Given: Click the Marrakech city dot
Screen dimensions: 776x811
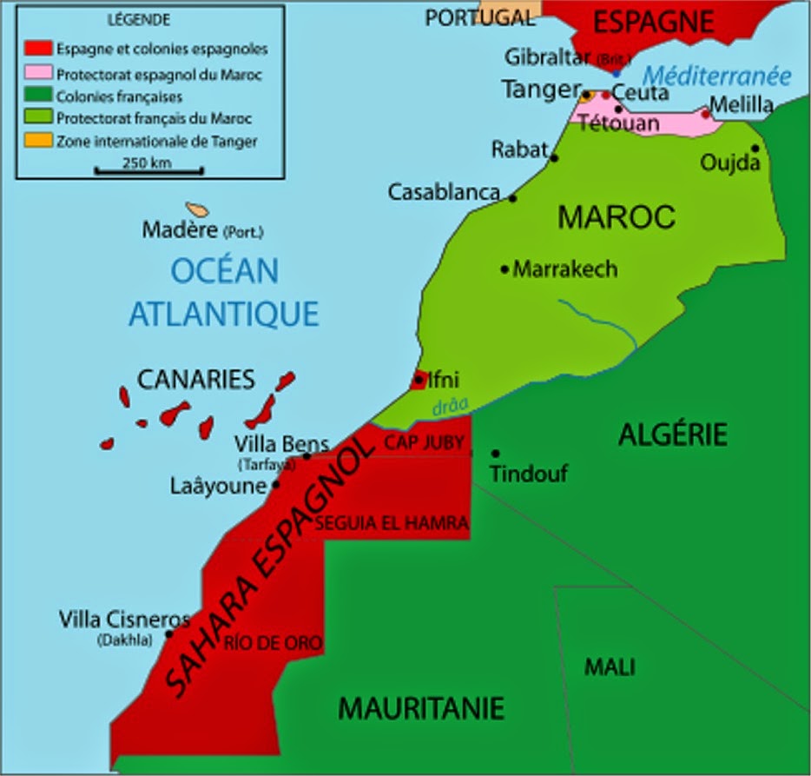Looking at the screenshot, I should click(504, 269).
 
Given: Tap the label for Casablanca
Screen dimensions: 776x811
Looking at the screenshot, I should click(444, 192).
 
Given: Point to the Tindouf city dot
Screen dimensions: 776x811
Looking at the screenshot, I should click(495, 454).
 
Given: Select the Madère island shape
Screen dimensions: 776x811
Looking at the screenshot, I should click(198, 210).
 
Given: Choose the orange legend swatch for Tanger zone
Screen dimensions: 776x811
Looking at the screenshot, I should click(36, 140).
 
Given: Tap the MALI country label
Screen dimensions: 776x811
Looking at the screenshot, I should click(609, 667).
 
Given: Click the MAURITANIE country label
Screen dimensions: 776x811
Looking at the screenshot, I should click(421, 708).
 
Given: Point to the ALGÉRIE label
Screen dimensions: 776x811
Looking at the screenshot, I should click(672, 434).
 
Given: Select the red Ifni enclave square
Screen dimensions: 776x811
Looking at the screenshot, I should click(419, 380).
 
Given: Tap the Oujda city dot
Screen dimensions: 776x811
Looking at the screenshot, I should click(755, 149).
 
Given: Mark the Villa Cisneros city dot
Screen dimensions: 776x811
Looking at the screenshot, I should click(169, 633).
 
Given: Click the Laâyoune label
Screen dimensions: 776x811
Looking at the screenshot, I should click(217, 486).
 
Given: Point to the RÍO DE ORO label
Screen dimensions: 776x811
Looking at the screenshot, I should click(273, 643).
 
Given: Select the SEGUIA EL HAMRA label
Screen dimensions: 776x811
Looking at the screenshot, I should click(392, 523).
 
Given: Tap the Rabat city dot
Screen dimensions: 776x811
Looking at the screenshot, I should click(554, 158).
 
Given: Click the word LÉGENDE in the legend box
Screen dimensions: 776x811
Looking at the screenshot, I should click(138, 19).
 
